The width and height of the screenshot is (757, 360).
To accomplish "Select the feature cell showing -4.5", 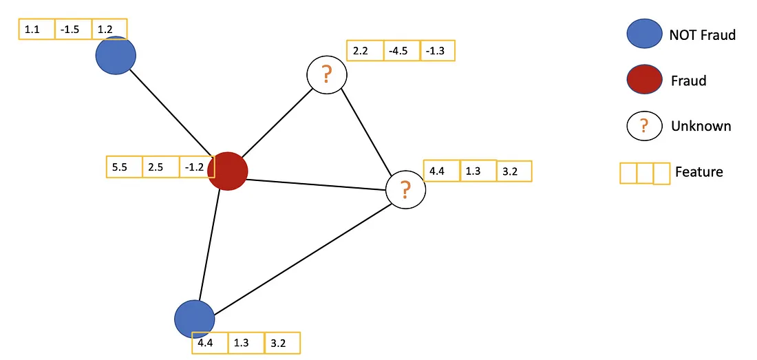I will [x=401, y=51].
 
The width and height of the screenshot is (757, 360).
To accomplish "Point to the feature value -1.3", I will [x=437, y=51].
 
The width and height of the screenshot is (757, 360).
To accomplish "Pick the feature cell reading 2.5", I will [x=160, y=167].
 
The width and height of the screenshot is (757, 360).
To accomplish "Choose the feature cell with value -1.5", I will [x=72, y=30].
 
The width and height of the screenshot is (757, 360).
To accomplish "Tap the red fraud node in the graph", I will [x=228, y=171].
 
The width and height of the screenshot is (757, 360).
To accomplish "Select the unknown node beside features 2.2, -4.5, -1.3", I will [x=327, y=75].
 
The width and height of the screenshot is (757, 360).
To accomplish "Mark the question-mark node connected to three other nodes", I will [x=406, y=189].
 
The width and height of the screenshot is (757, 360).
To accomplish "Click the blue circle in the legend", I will [x=645, y=35].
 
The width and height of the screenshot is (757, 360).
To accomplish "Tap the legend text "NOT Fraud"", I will [x=702, y=35].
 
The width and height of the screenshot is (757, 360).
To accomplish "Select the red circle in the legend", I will [x=645, y=81].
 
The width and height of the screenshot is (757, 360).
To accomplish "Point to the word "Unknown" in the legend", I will [x=701, y=126].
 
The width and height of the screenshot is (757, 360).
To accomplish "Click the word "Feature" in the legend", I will [x=699, y=172].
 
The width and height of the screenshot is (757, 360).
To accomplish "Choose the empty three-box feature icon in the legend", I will [x=645, y=173].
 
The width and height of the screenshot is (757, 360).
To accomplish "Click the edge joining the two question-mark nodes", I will [x=367, y=132].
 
